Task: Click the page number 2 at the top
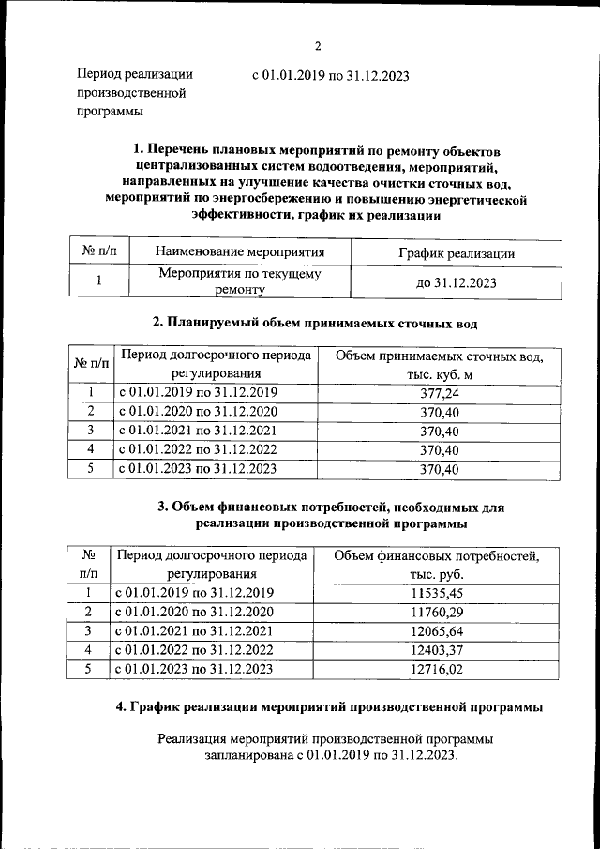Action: click(x=317, y=46)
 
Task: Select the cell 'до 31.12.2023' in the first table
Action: click(x=457, y=282)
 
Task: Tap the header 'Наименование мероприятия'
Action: click(x=240, y=252)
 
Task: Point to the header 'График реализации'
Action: click(x=457, y=253)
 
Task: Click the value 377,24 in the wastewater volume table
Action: click(x=439, y=394)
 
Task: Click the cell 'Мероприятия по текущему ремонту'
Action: click(x=240, y=282)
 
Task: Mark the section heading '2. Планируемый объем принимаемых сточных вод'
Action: click(x=315, y=324)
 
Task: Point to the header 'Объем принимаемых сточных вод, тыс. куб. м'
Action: click(x=439, y=366)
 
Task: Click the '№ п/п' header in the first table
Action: click(x=98, y=253)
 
